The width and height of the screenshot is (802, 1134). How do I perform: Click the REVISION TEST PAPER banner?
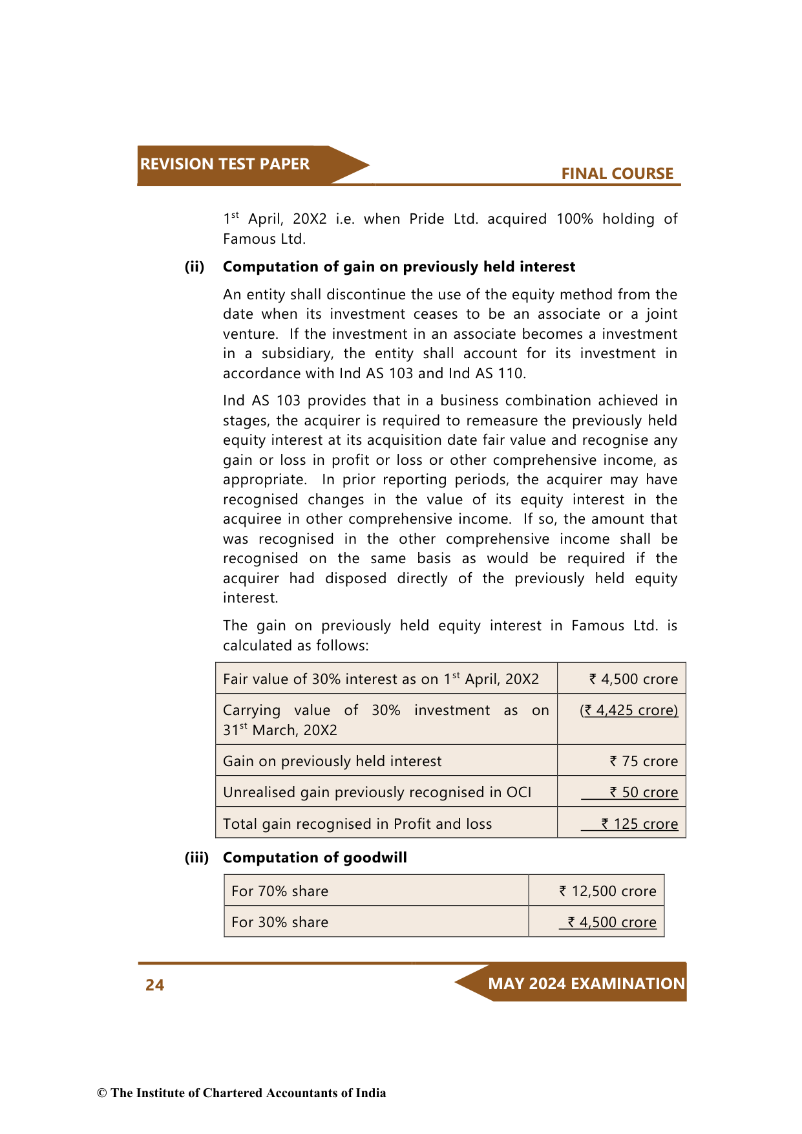[225, 164]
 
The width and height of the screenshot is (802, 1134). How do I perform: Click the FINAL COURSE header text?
[617, 174]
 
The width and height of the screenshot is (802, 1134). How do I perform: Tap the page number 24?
[154, 985]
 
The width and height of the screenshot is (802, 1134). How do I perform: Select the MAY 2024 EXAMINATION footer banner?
[586, 983]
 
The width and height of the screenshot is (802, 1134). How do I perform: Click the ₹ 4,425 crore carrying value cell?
[629, 711]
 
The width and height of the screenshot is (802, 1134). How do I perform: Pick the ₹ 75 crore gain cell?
[644, 762]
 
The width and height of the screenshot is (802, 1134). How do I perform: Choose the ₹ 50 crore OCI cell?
[644, 793]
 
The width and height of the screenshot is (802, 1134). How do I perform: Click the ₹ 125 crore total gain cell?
[639, 824]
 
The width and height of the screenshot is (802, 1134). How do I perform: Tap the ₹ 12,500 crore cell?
[607, 892]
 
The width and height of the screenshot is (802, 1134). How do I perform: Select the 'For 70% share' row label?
[280, 892]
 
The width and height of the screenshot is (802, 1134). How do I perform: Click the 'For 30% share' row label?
[280, 923]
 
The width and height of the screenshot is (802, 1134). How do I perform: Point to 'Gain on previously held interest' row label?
[332, 762]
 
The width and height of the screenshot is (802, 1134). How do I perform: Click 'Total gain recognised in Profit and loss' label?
[357, 824]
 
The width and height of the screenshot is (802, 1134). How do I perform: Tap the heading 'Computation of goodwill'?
[315, 858]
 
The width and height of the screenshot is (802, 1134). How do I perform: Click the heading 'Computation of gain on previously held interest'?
[399, 267]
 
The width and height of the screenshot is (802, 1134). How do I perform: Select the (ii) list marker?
[195, 267]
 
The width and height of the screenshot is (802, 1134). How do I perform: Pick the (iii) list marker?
[196, 858]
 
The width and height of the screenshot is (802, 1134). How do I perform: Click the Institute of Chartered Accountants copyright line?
[242, 1093]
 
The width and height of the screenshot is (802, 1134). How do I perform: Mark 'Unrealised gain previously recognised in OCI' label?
[377, 793]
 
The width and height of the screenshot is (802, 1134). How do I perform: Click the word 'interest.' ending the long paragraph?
[251, 598]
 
